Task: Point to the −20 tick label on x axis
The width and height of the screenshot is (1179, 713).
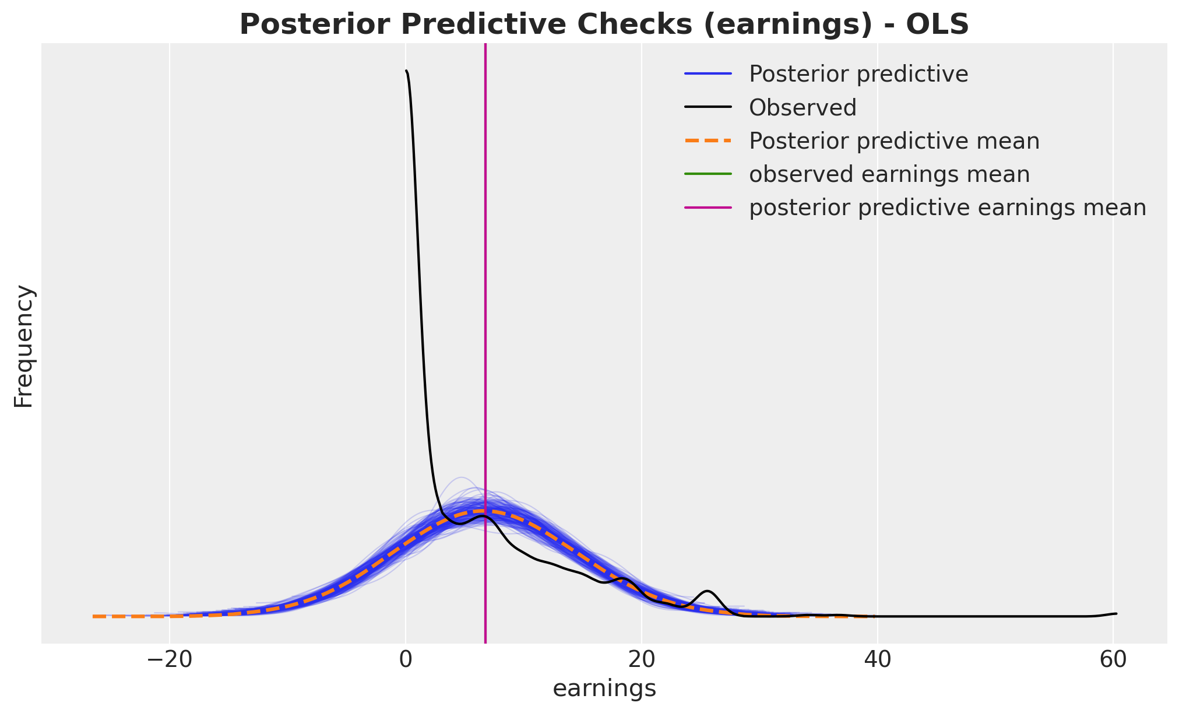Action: coord(170,662)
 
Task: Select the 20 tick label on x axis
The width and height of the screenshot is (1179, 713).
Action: coord(642,662)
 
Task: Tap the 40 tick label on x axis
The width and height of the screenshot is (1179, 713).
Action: coord(878,662)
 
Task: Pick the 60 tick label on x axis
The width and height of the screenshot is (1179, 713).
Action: coord(1113,662)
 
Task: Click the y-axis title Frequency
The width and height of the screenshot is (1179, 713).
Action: coord(24,346)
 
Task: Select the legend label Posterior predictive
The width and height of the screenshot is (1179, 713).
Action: coord(858,75)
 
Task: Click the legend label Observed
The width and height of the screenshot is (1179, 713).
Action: coord(803,108)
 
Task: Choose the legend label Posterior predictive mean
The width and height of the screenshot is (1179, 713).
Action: coord(895,141)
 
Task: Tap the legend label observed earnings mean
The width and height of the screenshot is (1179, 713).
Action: coord(889,174)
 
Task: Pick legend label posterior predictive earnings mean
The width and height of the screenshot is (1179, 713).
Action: coord(948,208)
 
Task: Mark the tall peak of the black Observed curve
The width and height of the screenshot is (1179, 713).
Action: coord(406,71)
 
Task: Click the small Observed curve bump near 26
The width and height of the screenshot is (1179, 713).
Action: coord(708,591)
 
